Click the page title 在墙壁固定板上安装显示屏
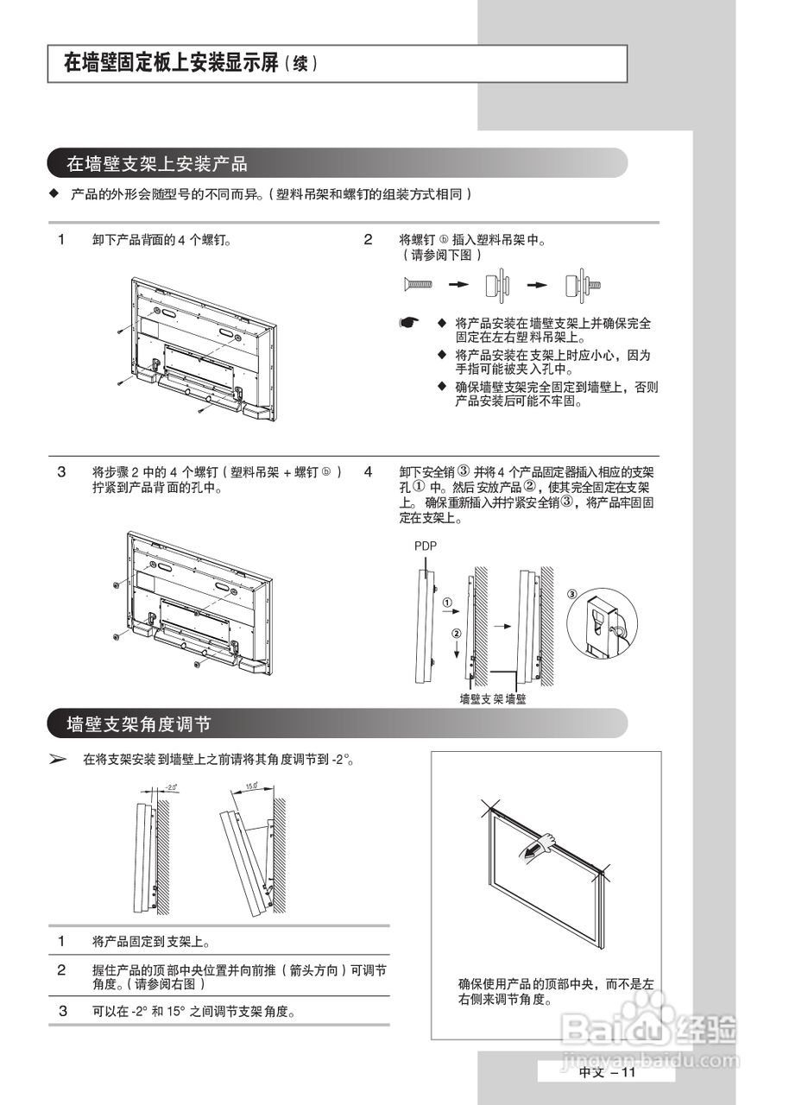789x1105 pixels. pos(173,64)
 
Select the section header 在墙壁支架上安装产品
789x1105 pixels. pos(157,163)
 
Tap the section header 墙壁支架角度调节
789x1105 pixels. pos(139,723)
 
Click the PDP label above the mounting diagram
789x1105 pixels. pos(426,546)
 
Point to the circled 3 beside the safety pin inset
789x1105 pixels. pos(572,594)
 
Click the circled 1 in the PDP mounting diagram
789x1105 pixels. pos(447,602)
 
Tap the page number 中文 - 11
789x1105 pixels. pos(606,1072)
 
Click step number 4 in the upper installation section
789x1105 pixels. pos(368,472)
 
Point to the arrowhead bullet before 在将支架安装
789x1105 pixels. pos(58,761)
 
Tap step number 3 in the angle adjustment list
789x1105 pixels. pos(62,1011)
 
